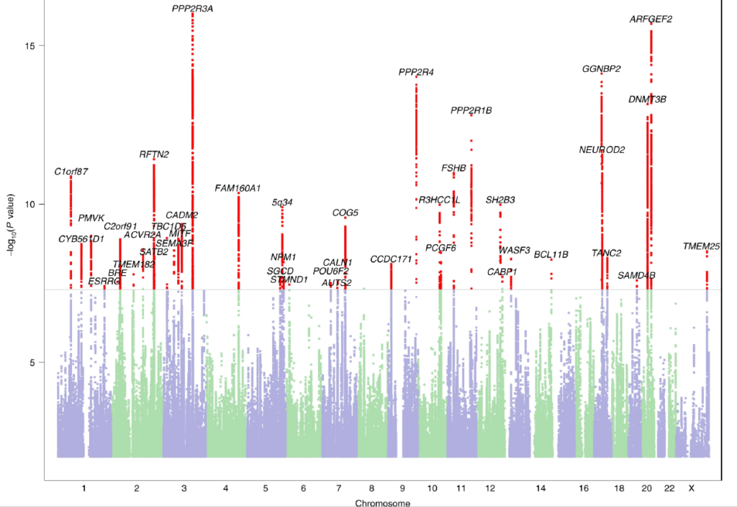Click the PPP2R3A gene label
193,9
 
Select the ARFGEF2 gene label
651,19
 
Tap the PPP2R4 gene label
416,72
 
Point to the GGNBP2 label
602,69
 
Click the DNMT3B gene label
647,99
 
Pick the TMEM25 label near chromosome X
702,247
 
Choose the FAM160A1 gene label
238,189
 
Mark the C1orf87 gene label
71,172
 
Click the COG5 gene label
345,213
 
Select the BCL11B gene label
551,254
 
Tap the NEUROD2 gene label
602,150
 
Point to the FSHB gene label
454,169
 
